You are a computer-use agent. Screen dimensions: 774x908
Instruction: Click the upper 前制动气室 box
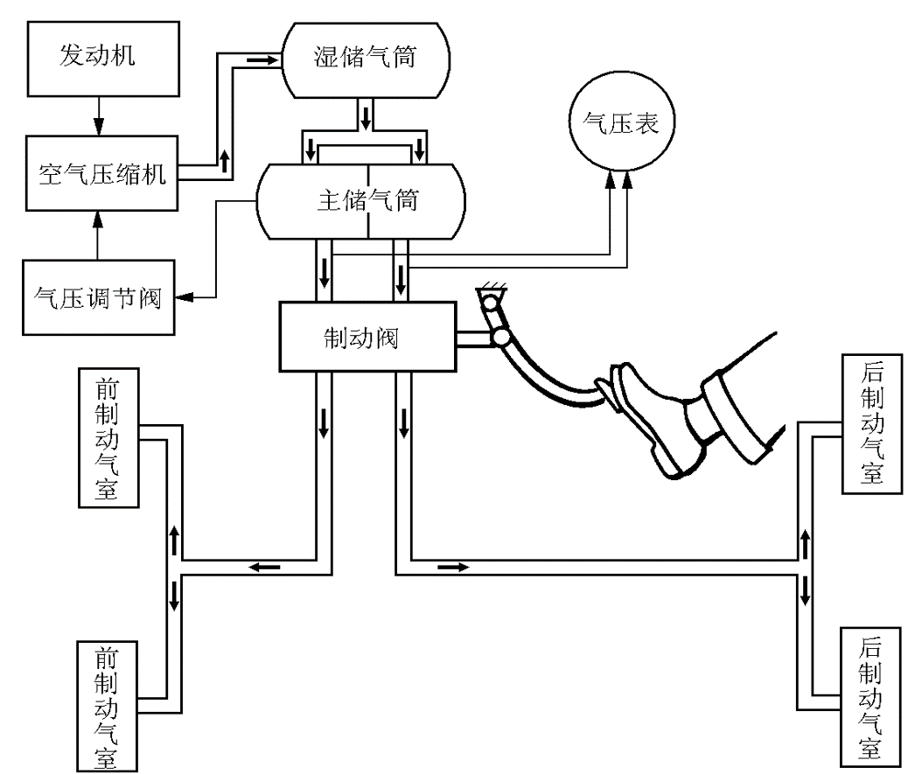tap(108, 437)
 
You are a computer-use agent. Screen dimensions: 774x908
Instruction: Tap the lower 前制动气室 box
tap(108, 705)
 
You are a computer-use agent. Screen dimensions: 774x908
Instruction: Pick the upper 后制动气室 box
tap(871, 419)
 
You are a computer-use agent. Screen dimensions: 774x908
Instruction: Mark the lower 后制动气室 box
tap(871, 695)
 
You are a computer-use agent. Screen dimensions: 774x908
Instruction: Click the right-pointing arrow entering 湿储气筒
tap(260, 59)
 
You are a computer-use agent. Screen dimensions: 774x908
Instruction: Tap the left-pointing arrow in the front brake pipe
tap(263, 567)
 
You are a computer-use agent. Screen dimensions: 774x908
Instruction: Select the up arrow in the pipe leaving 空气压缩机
tap(226, 160)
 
